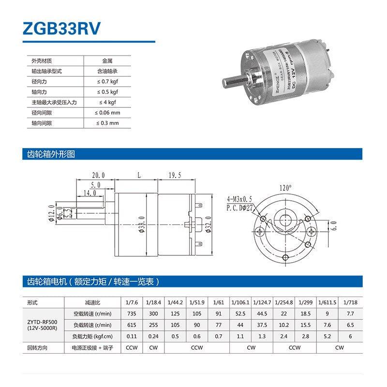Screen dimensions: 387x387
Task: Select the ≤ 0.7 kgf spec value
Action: [107, 81]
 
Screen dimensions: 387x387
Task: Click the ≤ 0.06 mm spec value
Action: [107, 113]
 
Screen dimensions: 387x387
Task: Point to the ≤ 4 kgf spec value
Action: [107, 102]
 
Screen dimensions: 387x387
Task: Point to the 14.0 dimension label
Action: [89, 193]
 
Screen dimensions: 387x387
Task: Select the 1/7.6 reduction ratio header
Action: [132, 302]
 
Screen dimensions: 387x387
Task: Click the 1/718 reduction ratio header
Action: [349, 302]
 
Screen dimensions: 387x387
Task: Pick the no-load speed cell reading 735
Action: [132, 313]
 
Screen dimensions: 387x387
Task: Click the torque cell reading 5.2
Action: [327, 336]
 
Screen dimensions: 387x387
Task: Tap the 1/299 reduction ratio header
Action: [305, 302]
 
